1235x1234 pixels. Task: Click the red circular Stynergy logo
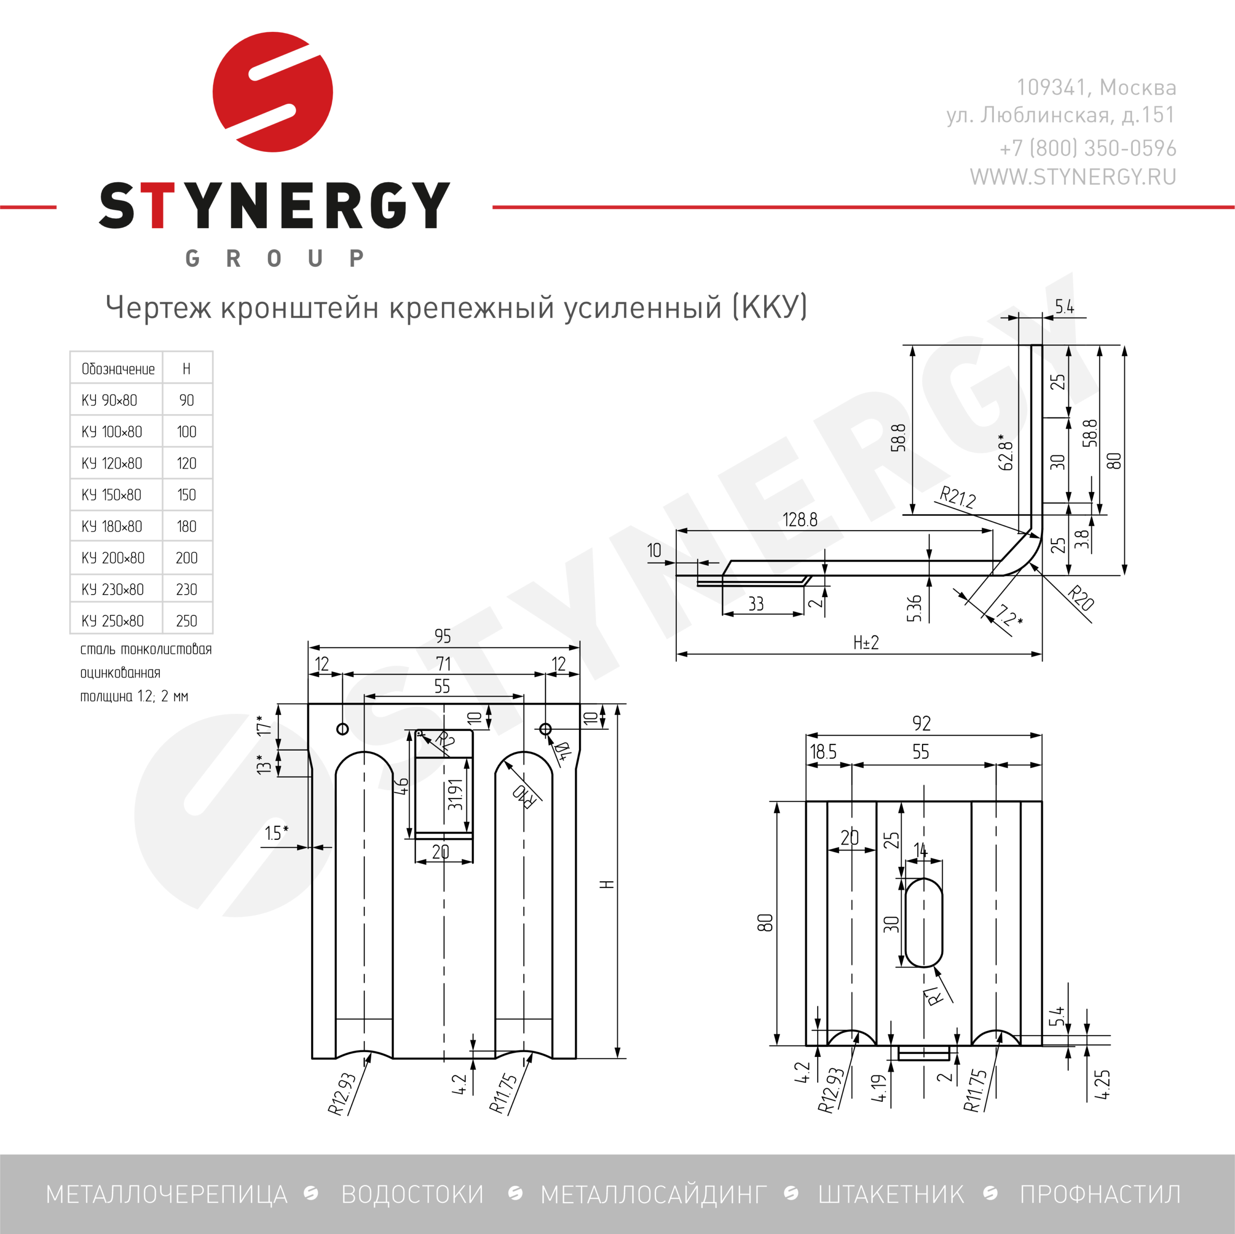273,92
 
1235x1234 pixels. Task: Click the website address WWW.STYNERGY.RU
1072,177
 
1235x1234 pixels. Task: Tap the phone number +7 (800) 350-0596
1088,148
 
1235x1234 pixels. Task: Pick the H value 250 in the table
186,621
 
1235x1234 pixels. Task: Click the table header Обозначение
118,369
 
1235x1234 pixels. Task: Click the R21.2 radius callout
958,497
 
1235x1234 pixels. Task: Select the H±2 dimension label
866,643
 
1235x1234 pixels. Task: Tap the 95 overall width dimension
442,636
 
